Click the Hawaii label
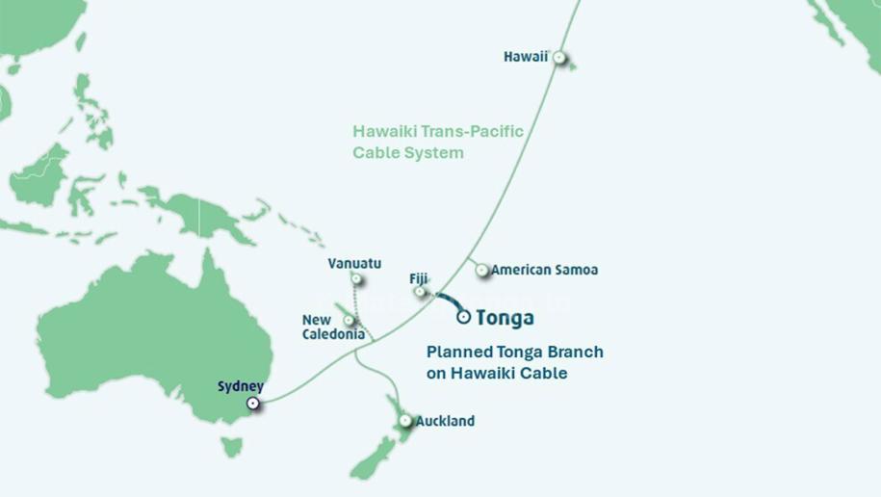click(525, 57)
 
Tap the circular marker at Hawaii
click(557, 57)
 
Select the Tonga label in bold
click(505, 318)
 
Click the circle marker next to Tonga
click(465, 316)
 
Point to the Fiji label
click(419, 278)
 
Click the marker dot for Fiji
click(420, 292)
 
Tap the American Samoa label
click(544, 270)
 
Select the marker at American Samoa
click(481, 271)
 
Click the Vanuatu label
click(354, 263)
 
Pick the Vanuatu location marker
click(356, 279)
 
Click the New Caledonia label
click(333, 327)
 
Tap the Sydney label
click(241, 386)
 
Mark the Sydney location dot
click(253, 404)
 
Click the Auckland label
click(445, 421)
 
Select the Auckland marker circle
click(405, 421)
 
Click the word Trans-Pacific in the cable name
click(475, 132)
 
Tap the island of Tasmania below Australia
click(230, 447)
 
